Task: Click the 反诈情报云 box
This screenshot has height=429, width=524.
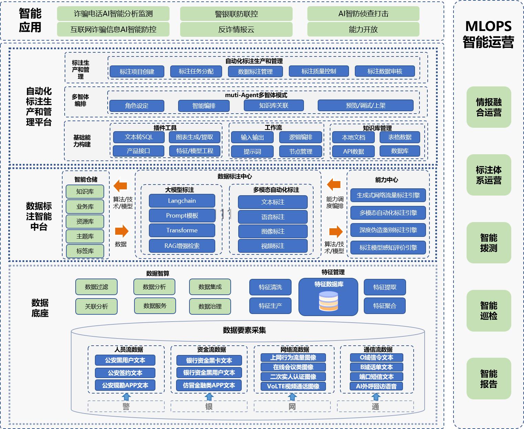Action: (236, 30)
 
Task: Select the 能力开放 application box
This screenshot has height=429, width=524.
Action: (363, 30)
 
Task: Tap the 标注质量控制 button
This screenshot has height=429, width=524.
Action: (319, 71)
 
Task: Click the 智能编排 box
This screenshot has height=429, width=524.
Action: (204, 106)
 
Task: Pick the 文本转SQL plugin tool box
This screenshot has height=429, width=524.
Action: (139, 137)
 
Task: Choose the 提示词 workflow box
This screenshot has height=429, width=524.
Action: (252, 151)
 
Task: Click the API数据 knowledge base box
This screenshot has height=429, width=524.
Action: (353, 151)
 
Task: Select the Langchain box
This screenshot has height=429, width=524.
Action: (182, 201)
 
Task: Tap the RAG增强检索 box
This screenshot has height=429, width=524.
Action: (182, 246)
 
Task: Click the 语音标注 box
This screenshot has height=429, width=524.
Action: (273, 217)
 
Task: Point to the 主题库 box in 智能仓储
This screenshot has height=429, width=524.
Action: (85, 236)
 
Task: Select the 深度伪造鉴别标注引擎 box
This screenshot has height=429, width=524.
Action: (388, 230)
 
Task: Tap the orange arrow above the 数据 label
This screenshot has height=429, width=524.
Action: (121, 231)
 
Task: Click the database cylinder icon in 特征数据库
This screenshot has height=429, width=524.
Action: (328, 301)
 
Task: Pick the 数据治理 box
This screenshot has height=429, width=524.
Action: (210, 306)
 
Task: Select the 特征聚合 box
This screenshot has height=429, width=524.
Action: (385, 306)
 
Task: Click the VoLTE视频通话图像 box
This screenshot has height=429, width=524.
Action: (293, 386)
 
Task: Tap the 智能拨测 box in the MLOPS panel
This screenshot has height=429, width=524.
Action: (489, 243)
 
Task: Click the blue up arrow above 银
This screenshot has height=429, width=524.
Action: (209, 397)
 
